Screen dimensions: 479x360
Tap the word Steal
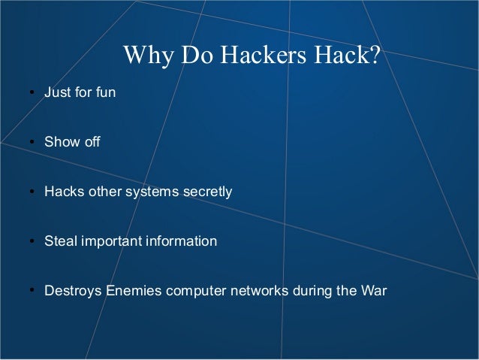point(60,241)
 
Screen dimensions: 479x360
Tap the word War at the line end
point(373,291)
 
